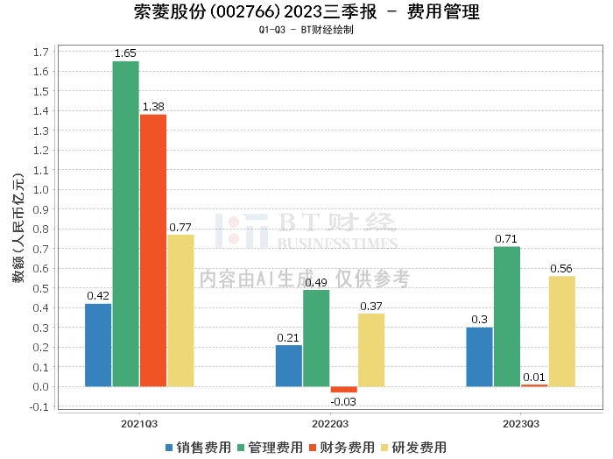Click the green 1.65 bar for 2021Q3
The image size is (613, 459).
click(x=125, y=223)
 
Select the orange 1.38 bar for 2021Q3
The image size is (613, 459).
click(x=153, y=251)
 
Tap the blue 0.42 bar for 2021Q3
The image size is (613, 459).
click(x=98, y=344)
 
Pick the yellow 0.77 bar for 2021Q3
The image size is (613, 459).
click(x=180, y=310)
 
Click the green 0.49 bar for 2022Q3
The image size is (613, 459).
click(x=316, y=338)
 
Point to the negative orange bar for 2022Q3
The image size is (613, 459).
click(x=344, y=389)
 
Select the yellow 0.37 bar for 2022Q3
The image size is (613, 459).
click(x=371, y=350)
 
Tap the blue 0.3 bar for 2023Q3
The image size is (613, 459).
click(x=479, y=357)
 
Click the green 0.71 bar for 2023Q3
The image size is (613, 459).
click(x=507, y=316)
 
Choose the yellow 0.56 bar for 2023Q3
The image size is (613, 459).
click(x=562, y=331)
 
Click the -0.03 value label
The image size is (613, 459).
click(x=344, y=402)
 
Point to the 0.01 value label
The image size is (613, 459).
click(x=534, y=378)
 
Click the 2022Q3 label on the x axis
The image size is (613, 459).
click(x=330, y=423)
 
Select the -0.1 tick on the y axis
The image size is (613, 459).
click(x=38, y=406)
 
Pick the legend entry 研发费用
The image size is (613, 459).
click(x=413, y=448)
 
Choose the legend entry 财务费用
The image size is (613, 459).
click(x=341, y=448)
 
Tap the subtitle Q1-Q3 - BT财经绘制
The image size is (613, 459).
click(x=306, y=30)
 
